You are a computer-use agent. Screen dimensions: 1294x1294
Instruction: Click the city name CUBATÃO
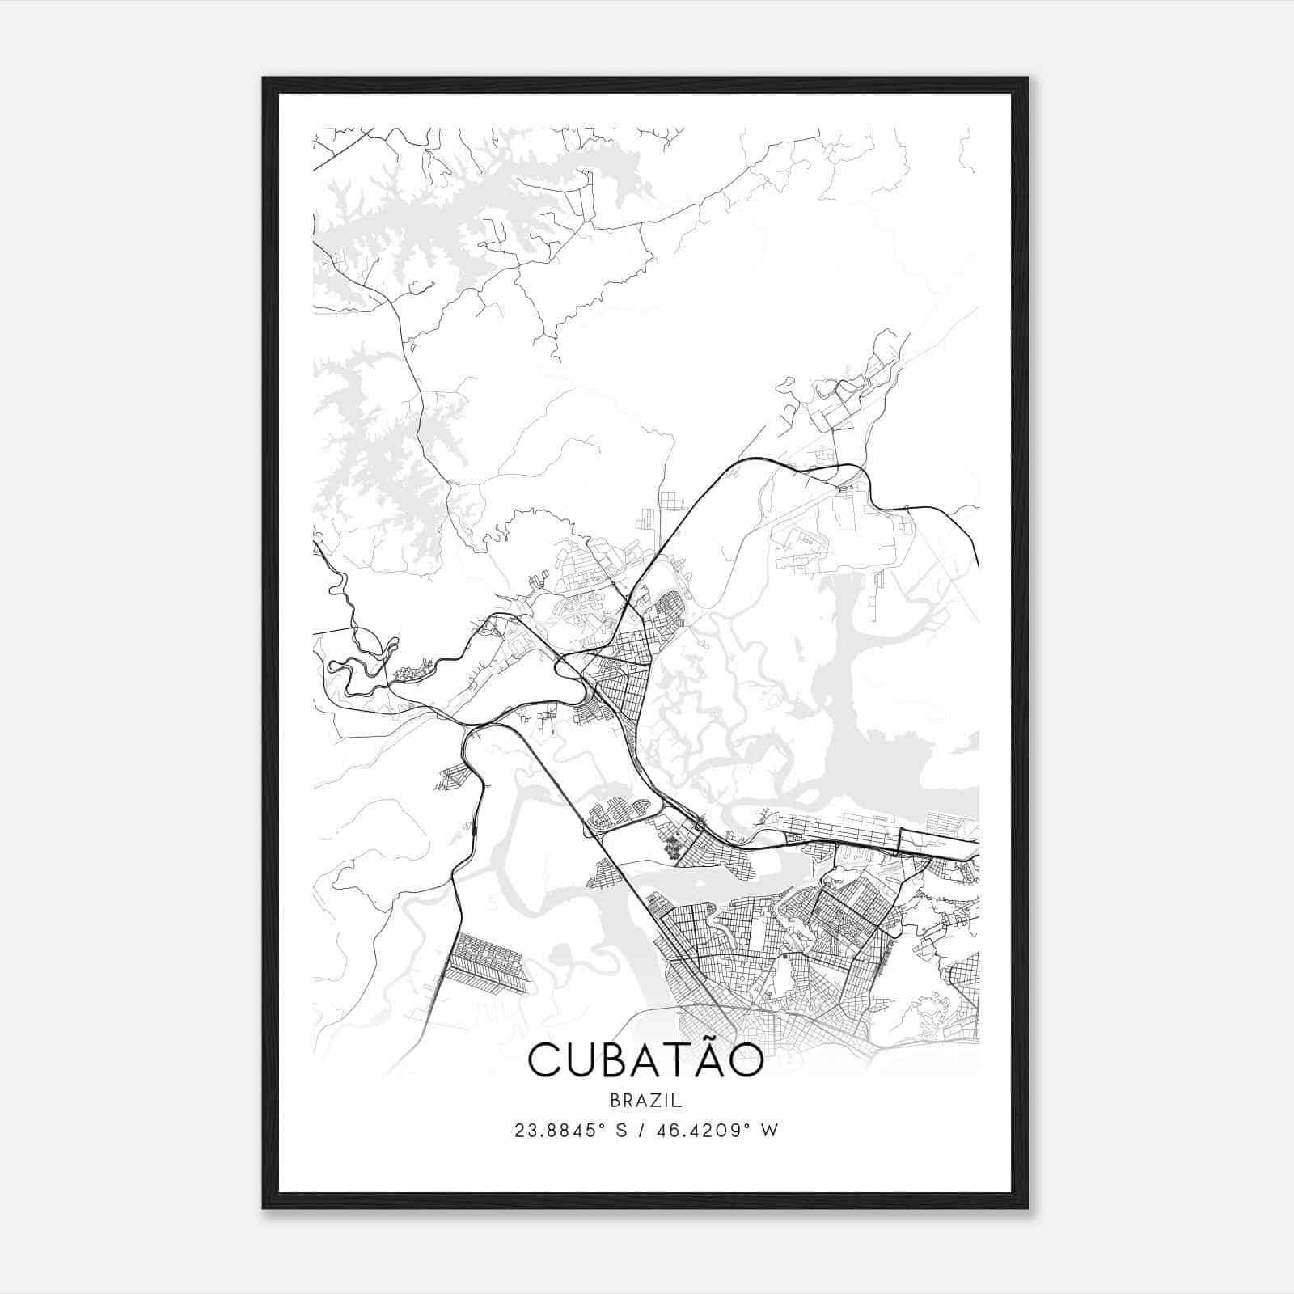(645, 1059)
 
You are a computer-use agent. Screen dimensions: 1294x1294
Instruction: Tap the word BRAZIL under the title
(646, 1100)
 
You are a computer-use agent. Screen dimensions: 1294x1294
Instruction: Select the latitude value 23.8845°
(561, 1131)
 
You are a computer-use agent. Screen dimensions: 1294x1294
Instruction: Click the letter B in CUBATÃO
(619, 1061)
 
